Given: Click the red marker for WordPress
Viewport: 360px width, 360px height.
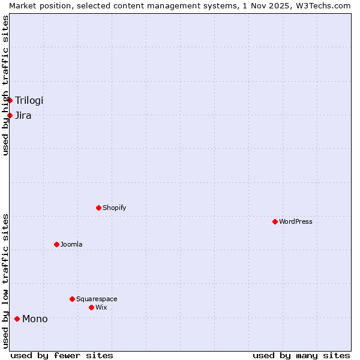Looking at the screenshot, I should coord(275,221).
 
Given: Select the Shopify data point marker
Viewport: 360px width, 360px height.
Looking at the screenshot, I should coord(98,208).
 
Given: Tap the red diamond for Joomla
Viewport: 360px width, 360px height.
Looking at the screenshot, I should coord(56,244).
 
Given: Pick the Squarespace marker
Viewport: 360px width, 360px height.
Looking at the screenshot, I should coord(72,299).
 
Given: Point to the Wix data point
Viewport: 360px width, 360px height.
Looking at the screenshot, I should coord(91,307).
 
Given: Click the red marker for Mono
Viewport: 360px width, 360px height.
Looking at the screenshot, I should coord(17,319).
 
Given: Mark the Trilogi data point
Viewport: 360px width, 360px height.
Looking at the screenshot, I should coord(10,100).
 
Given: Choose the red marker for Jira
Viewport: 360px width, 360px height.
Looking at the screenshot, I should coord(10,115).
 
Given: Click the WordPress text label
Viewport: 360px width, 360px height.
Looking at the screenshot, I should coord(296,221).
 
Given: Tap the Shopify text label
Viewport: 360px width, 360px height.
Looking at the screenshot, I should coord(115,208).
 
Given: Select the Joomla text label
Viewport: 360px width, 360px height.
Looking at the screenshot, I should coord(71,244).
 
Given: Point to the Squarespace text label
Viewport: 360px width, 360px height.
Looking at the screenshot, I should coord(97,299).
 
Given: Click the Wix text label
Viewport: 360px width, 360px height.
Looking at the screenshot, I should coord(101,307).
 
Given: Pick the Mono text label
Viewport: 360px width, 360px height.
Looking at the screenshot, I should coord(35,319).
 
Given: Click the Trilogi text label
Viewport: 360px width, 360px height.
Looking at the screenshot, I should coord(29,100).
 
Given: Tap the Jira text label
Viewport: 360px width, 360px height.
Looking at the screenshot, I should coord(23,115).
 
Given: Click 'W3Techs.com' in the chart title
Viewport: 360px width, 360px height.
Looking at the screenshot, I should coord(325,5).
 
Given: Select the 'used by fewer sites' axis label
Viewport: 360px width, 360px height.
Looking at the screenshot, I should coord(62,355).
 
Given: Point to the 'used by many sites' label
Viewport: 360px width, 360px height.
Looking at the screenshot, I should coord(301,355).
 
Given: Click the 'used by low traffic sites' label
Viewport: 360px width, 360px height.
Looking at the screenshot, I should coord(5,281).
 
